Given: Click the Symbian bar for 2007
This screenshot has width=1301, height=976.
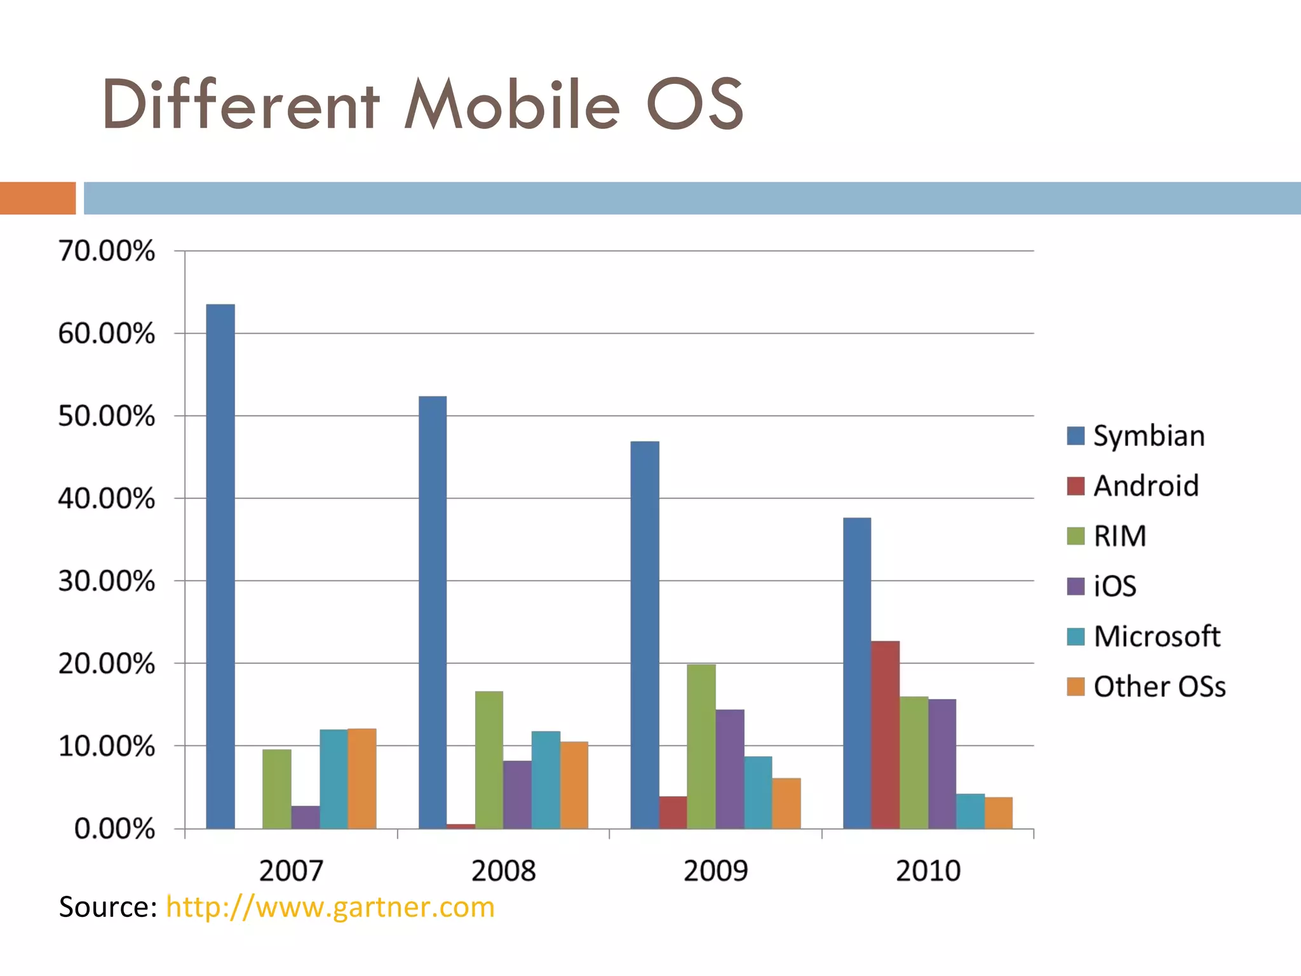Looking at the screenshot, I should tap(220, 566).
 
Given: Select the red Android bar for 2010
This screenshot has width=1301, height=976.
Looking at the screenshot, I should tap(885, 734).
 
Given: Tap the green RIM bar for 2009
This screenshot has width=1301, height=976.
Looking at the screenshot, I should tap(701, 747).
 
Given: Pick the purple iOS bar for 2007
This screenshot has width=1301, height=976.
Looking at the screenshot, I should tap(306, 817).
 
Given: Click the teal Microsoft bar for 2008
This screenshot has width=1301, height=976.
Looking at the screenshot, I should tap(546, 780).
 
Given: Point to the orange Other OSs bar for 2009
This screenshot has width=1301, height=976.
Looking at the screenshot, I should tap(786, 803).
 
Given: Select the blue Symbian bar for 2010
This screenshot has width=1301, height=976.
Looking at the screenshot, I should tap(857, 674).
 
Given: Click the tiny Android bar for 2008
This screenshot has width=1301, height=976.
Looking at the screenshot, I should tap(461, 826).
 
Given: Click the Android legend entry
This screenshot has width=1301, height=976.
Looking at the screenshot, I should tap(1133, 486).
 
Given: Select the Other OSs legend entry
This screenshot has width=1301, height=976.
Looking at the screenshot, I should tap(1147, 686).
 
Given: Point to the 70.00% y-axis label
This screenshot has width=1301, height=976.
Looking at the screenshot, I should tap(107, 251).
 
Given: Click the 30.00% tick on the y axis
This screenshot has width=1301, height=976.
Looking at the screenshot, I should tap(107, 581).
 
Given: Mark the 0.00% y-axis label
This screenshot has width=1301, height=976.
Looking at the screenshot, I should tap(114, 829).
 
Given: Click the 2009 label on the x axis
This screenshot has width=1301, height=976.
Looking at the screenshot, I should tap(716, 871).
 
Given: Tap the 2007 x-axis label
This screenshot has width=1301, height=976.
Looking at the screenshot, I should tap(291, 871).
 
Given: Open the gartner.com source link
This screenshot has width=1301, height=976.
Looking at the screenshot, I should tap(330, 907).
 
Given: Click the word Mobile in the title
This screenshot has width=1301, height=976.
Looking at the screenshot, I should tap(512, 105).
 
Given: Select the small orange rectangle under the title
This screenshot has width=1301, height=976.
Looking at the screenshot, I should tap(37, 198).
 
